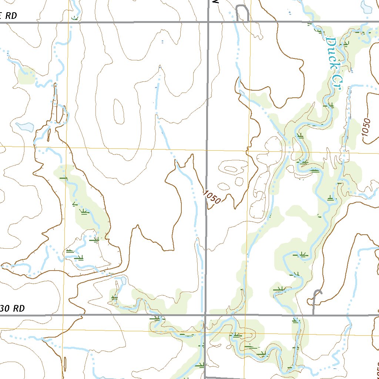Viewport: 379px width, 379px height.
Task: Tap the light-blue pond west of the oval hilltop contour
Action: (25, 127)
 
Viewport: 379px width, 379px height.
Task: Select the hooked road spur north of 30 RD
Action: (316, 296)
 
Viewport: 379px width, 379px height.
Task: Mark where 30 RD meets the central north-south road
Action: (205, 315)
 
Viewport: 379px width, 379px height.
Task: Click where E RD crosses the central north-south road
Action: (208, 22)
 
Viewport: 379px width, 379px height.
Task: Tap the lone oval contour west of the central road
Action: (119, 111)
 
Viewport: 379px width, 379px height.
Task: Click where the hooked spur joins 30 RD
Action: (313, 315)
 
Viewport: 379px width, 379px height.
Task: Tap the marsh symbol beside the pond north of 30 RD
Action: (114, 297)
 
